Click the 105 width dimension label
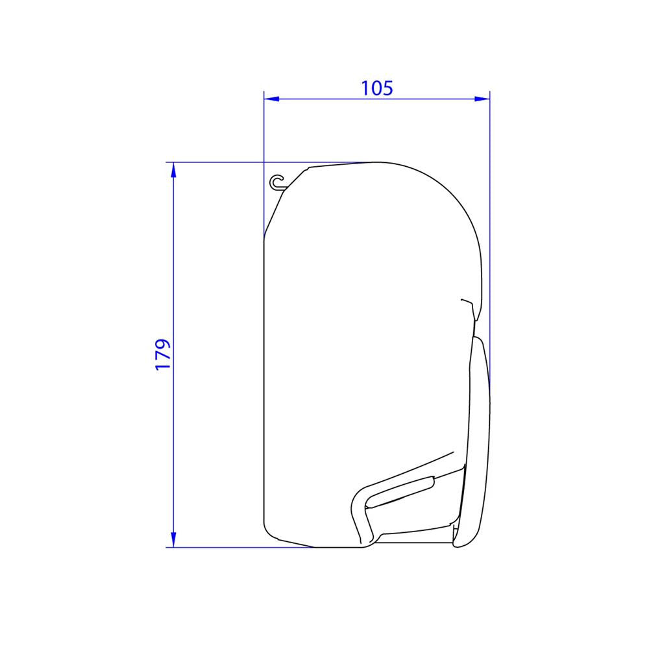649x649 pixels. [x=377, y=88]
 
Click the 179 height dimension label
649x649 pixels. [x=163, y=355]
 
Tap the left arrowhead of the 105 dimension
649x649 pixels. [x=271, y=99]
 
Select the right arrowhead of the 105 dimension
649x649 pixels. [x=482, y=99]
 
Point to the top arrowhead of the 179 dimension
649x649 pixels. [x=173, y=169]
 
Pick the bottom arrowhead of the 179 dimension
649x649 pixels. [x=173, y=540]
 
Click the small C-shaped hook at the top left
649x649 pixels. [x=277, y=182]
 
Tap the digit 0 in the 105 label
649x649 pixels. [x=377, y=88]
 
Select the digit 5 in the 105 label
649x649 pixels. [x=388, y=88]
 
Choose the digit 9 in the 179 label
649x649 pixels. [x=163, y=345]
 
